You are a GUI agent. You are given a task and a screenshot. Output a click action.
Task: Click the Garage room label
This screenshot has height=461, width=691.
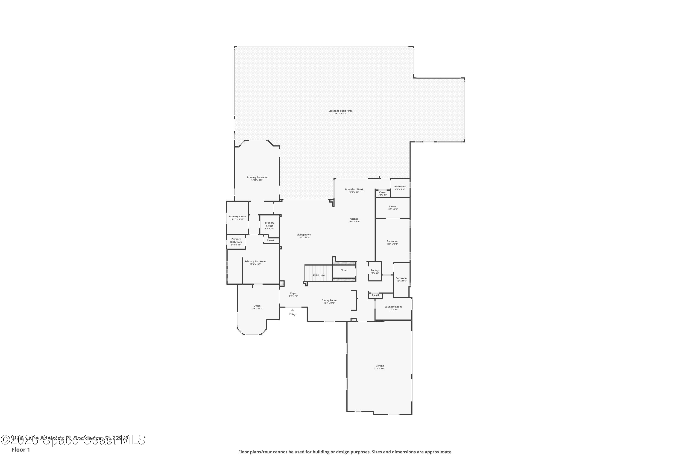pos(380,366)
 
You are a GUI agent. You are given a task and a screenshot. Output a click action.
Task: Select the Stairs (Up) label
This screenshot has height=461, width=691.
pos(319,275)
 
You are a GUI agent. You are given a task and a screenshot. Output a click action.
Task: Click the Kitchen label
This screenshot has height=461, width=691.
pos(354,219)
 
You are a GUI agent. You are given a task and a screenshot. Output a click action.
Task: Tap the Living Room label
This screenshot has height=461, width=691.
pos(304,235)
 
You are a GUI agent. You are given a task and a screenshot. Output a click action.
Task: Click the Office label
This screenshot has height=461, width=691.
pos(257,306)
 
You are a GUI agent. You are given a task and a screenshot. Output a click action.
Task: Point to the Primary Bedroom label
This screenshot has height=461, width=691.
pos(257,177)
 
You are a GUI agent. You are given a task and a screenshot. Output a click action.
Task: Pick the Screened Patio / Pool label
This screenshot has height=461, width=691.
pos(341,111)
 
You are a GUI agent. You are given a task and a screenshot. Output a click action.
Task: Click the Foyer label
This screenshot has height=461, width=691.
pos(293,293)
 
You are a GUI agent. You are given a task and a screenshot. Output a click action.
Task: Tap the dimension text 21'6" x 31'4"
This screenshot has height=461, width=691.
pos(380,368)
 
